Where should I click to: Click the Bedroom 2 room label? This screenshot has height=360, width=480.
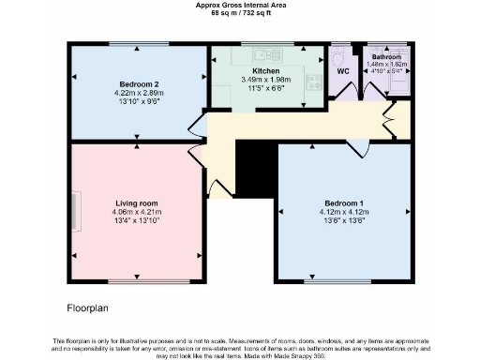point(139,83)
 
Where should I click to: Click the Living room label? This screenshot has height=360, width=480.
point(136,203)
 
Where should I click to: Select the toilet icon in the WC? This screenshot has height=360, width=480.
point(339,54)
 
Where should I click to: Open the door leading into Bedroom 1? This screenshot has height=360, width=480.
point(356,147)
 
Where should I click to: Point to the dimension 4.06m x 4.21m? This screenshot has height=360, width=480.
point(136,213)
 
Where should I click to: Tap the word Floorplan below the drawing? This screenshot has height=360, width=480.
point(91,307)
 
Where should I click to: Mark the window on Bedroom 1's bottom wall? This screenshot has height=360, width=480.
point(343,280)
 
